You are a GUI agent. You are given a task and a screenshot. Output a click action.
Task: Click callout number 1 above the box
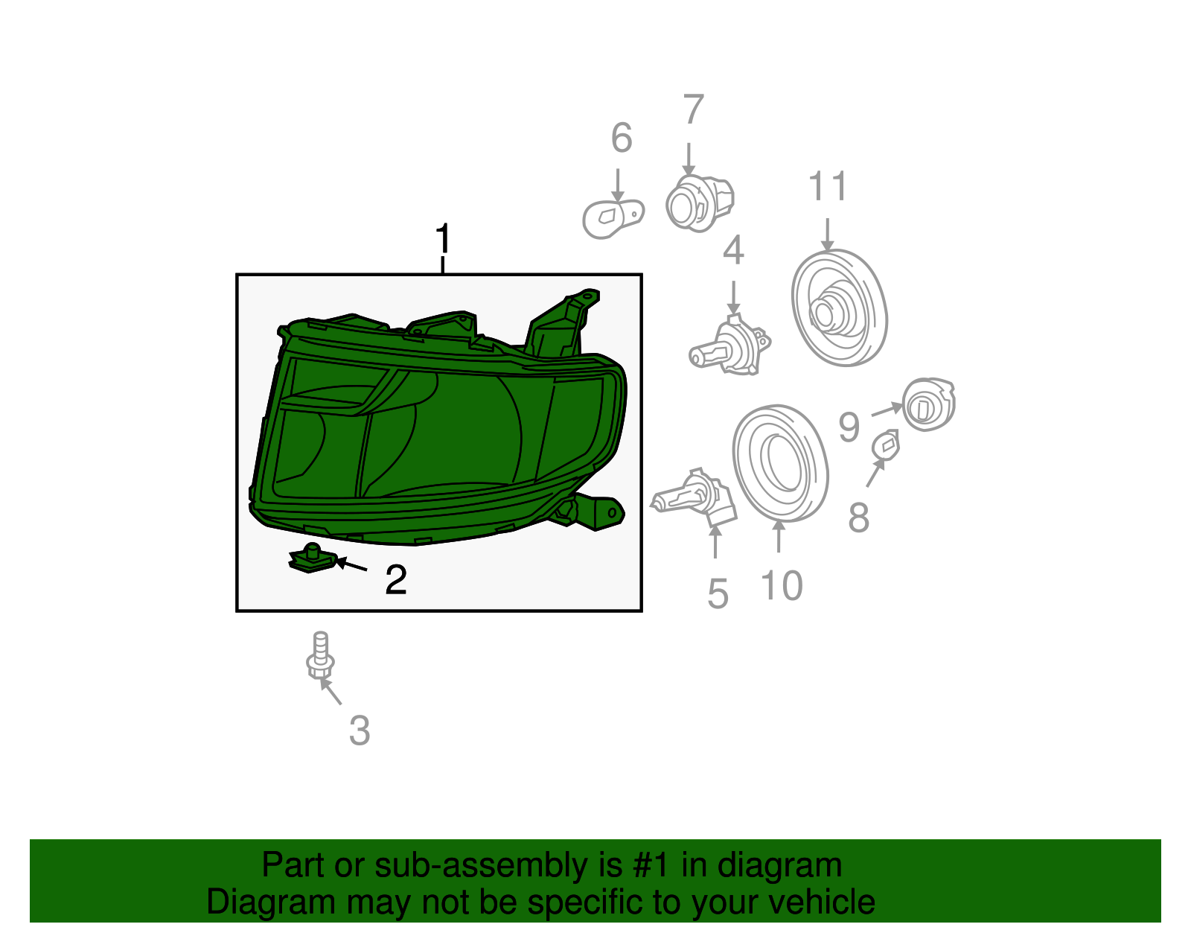(443, 240)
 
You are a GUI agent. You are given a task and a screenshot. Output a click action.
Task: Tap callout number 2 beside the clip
(396, 580)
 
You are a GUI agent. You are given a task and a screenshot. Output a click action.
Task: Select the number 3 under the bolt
(360, 730)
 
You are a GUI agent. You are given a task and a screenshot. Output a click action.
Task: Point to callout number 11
(828, 186)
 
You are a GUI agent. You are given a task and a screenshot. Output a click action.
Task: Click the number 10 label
(782, 585)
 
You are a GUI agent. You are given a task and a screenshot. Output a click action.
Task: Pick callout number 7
(693, 110)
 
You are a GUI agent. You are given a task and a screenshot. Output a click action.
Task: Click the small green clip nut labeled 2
(311, 558)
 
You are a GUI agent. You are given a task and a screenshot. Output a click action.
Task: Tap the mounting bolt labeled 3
(320, 656)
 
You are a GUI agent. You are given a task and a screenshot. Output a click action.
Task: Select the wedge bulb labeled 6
(612, 216)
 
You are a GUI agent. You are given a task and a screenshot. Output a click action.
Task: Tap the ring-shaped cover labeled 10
(780, 464)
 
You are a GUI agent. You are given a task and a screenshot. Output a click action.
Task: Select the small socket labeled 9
(927, 405)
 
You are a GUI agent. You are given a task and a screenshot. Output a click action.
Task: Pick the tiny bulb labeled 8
(885, 445)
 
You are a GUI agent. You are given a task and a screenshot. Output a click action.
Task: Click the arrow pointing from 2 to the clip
(351, 566)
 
